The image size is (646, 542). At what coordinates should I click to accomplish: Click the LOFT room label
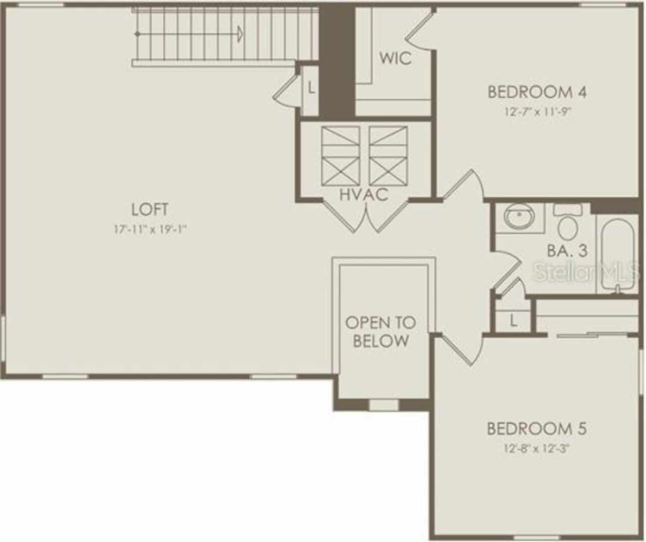coord(150,209)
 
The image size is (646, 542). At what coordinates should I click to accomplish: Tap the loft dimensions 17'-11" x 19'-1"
coord(151,229)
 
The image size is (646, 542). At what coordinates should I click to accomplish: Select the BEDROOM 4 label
coord(537,92)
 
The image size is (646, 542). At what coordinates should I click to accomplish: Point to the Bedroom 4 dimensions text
coord(537,112)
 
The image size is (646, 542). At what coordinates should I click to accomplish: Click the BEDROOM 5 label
coord(537,429)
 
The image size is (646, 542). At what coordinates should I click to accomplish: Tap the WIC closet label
coord(395,58)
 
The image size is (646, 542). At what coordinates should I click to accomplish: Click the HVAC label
coord(364,195)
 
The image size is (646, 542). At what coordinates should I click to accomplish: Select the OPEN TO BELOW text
coord(381,332)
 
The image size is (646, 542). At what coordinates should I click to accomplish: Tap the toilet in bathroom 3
coord(568,222)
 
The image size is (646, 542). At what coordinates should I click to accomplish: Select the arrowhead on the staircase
coord(239,34)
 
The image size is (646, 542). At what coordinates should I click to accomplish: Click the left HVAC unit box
coord(340,156)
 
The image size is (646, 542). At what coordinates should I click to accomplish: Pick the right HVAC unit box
coord(388,156)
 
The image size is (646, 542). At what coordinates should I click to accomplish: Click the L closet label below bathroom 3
coord(514,322)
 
